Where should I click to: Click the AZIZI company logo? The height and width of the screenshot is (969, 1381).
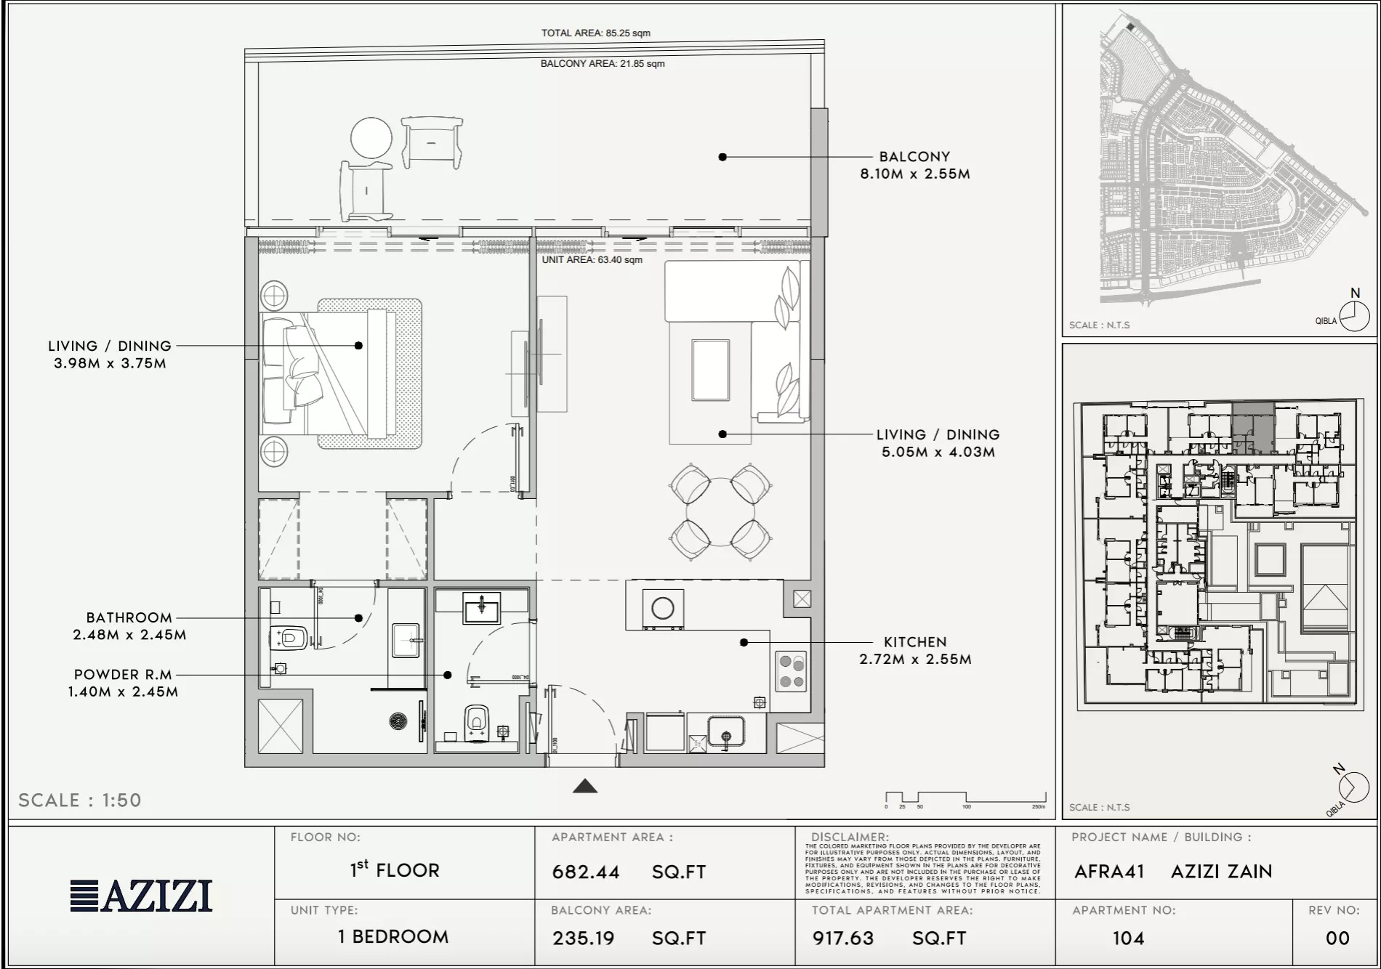[142, 896]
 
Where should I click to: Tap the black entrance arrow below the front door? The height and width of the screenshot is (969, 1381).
[585, 786]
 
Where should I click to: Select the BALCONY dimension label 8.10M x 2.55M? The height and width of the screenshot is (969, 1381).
[914, 174]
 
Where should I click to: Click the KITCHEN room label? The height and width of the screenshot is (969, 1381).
[914, 642]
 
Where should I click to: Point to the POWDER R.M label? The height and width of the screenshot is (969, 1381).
[123, 674]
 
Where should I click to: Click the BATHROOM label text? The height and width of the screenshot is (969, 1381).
[129, 617]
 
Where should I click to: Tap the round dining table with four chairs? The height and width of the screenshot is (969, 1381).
[720, 512]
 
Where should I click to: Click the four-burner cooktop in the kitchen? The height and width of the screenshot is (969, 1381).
[791, 671]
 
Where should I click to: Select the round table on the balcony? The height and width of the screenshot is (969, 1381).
[371, 137]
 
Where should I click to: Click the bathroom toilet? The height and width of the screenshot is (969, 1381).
[290, 638]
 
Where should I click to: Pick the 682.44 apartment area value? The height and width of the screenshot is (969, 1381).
[586, 872]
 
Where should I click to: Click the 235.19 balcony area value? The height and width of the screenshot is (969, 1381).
[583, 938]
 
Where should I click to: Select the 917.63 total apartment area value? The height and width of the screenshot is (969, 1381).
[842, 938]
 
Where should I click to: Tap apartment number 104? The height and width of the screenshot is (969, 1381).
[1128, 938]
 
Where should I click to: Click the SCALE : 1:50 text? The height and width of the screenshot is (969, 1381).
[80, 800]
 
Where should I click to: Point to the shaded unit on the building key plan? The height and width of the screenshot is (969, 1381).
[1252, 429]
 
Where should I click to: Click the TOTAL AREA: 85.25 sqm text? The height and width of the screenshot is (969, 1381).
[595, 33]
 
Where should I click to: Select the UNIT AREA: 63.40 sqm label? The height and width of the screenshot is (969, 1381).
[592, 259]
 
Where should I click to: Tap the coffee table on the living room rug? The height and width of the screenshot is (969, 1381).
[710, 370]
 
